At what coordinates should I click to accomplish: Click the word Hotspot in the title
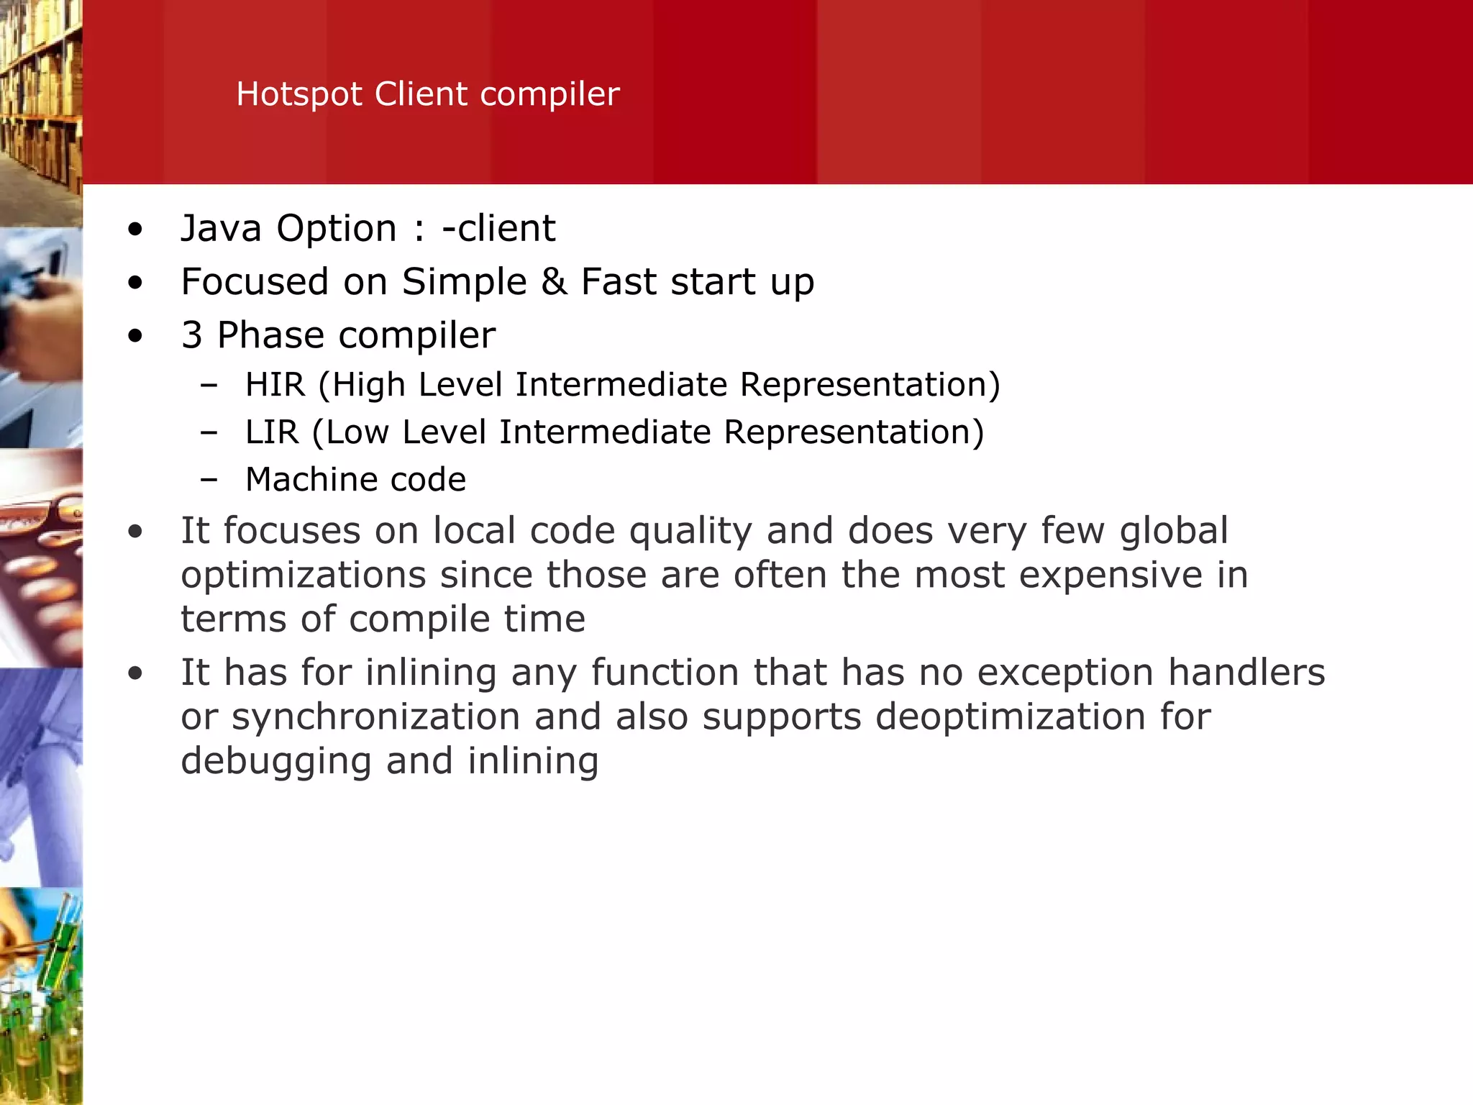[x=299, y=94]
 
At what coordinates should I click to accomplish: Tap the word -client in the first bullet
[x=498, y=229]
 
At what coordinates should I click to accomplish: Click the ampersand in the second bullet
[x=554, y=281]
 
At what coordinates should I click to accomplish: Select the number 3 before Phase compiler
[x=192, y=335]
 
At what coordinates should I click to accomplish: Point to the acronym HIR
[x=275, y=385]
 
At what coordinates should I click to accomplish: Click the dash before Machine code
[x=209, y=480]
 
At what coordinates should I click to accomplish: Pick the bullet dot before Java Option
[x=135, y=230]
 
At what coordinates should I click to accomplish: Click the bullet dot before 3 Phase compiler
[x=135, y=336]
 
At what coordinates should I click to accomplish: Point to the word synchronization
[x=376, y=717]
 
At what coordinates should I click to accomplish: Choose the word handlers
[x=1246, y=673]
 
